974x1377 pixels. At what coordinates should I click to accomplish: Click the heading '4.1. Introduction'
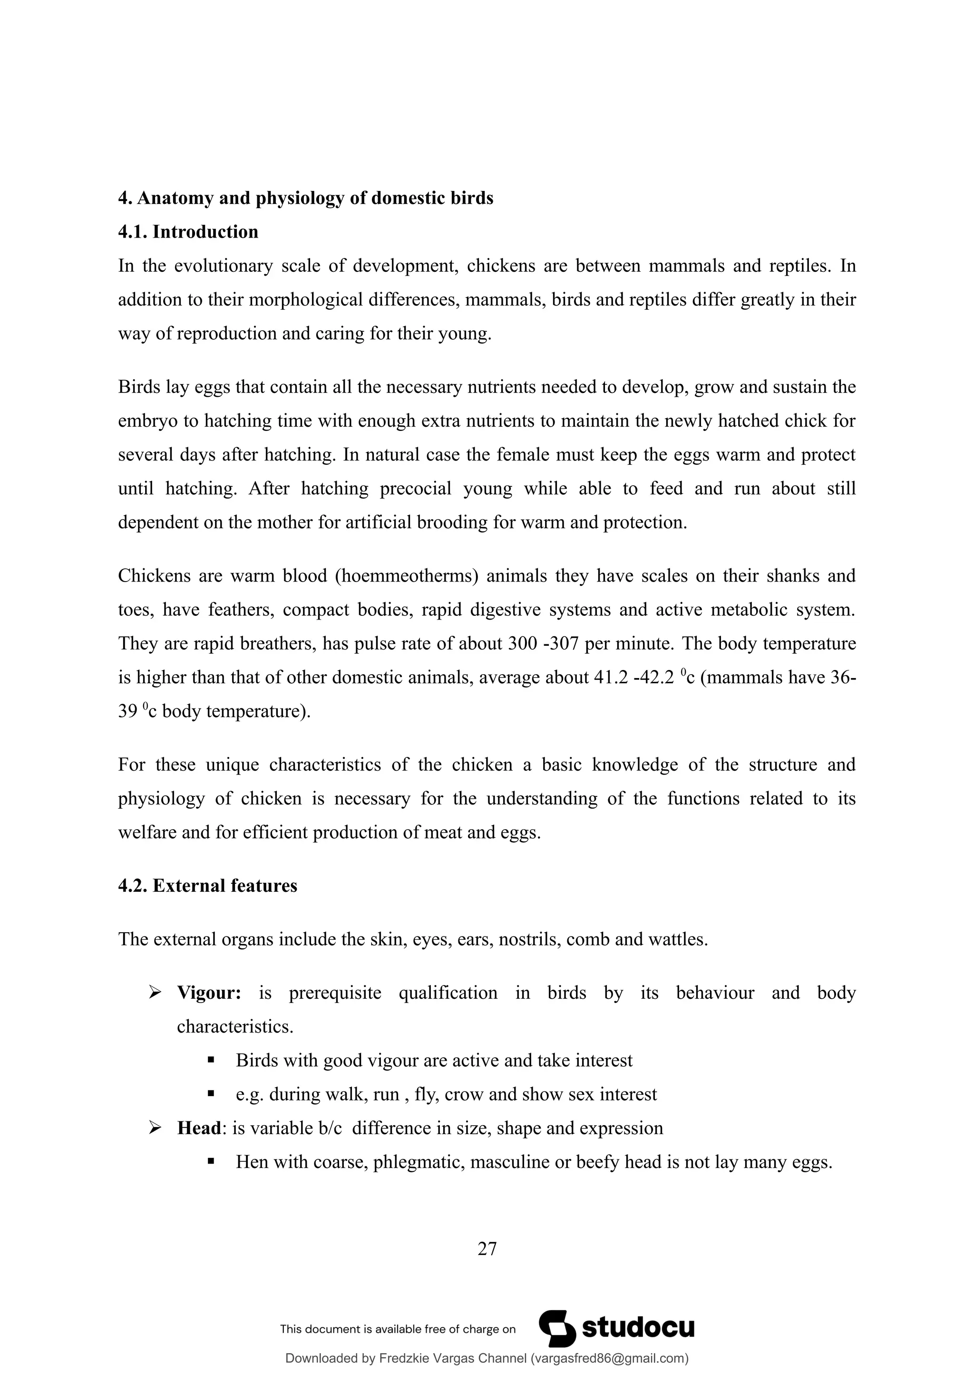(x=188, y=231)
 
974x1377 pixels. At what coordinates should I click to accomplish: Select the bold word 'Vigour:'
(x=209, y=993)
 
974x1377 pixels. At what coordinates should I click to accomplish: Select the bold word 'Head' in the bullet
(x=199, y=1128)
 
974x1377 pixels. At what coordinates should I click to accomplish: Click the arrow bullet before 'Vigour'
(x=155, y=993)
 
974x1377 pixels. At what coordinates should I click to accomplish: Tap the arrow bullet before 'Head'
(x=155, y=1128)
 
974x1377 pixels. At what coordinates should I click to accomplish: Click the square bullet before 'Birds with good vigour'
(x=211, y=1061)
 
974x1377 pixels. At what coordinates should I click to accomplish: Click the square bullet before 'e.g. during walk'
(x=211, y=1094)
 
